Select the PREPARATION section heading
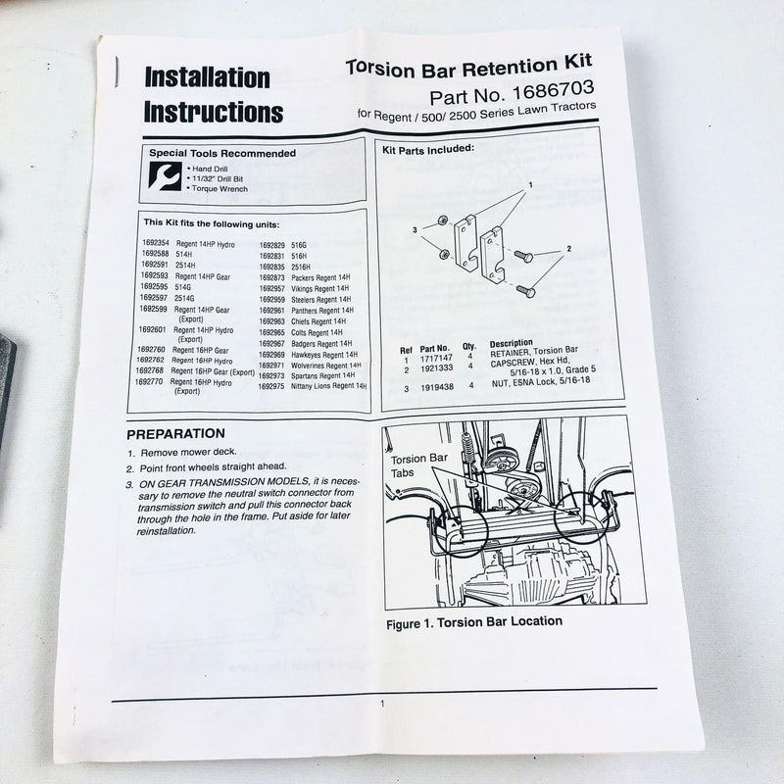[x=176, y=433]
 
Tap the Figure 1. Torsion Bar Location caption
[x=474, y=621]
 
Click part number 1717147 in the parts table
[x=436, y=359]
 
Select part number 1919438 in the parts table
[x=435, y=386]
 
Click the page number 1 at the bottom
[x=383, y=703]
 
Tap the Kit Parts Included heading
[x=427, y=149]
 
